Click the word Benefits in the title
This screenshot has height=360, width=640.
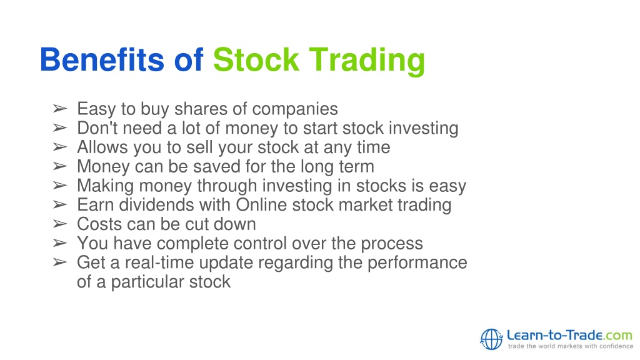pyautogui.click(x=102, y=59)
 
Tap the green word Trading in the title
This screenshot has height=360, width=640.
pyautogui.click(x=367, y=61)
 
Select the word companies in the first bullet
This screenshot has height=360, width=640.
pyautogui.click(x=295, y=109)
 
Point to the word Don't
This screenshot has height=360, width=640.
pyautogui.click(x=97, y=127)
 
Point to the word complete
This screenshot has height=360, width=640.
pyautogui.click(x=192, y=244)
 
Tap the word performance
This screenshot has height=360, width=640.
pyautogui.click(x=417, y=263)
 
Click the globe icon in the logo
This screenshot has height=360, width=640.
pyautogui.click(x=491, y=339)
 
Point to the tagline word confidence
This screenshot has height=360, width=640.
pyautogui.click(x=616, y=346)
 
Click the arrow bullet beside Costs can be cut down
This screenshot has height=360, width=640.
pyautogui.click(x=59, y=224)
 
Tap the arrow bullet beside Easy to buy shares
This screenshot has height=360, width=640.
pyautogui.click(x=59, y=109)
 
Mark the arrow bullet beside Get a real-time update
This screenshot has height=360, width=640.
pyautogui.click(x=59, y=262)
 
